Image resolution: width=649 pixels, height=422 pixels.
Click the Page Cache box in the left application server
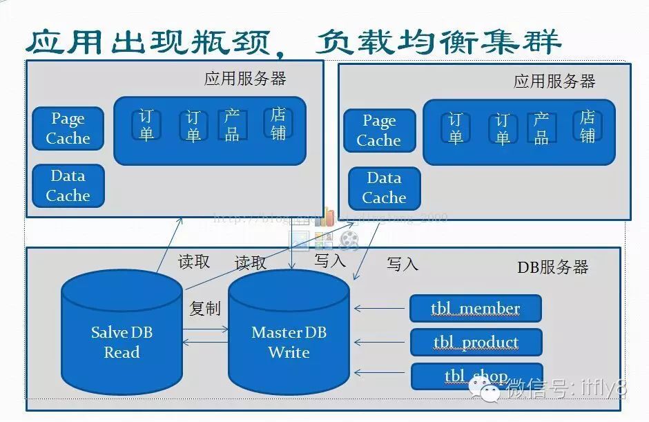(x=68, y=128)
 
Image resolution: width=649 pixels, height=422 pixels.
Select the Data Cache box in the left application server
(x=68, y=186)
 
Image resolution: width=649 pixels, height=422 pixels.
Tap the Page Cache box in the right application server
(x=379, y=131)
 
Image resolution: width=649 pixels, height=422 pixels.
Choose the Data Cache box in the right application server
(x=384, y=188)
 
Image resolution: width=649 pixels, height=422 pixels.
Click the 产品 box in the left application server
(x=232, y=125)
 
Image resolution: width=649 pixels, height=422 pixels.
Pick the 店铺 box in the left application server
(x=278, y=123)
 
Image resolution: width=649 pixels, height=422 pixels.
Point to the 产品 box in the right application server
(x=541, y=128)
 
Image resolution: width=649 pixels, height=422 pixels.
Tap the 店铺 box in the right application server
(x=588, y=126)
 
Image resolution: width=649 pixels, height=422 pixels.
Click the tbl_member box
(x=475, y=308)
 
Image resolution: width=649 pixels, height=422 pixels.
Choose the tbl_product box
(x=476, y=342)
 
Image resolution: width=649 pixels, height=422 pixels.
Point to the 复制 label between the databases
(x=204, y=308)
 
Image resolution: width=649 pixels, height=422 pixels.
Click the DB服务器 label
(x=553, y=267)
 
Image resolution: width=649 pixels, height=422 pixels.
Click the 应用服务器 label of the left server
(x=245, y=78)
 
